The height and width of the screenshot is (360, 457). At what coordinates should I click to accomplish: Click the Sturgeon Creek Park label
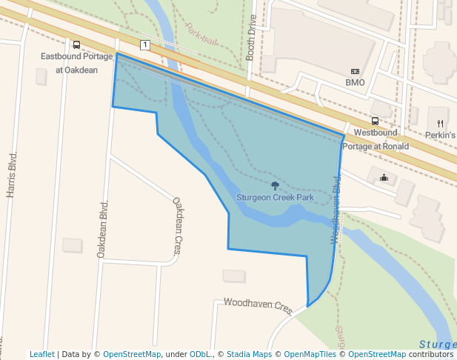pyautogui.click(x=276, y=198)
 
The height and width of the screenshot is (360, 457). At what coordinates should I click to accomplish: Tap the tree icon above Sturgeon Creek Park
pyautogui.click(x=276, y=186)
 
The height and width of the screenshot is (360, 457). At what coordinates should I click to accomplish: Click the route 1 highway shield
pyautogui.click(x=144, y=45)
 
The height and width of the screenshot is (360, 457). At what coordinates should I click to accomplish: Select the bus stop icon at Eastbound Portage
pyautogui.click(x=77, y=45)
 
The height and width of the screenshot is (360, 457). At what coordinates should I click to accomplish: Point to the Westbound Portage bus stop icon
pyautogui.click(x=375, y=121)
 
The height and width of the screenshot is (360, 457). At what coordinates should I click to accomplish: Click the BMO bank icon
pyautogui.click(x=355, y=71)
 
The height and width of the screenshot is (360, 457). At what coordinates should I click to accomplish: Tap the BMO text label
pyautogui.click(x=355, y=82)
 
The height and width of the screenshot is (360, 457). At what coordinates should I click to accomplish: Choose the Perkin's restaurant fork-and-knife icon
pyautogui.click(x=440, y=123)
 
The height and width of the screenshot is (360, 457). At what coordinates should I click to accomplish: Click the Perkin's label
pyautogui.click(x=440, y=136)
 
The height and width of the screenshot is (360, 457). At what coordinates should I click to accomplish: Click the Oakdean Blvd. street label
pyautogui.click(x=103, y=229)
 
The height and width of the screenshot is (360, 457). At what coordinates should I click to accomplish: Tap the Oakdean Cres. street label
pyautogui.click(x=177, y=225)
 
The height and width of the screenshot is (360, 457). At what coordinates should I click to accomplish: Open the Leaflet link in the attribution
pyautogui.click(x=41, y=354)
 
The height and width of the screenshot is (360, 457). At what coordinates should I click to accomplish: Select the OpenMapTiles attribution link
pyautogui.click(x=310, y=354)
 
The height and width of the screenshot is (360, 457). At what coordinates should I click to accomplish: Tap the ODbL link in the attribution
pyautogui.click(x=200, y=354)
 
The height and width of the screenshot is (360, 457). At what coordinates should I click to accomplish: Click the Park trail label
pyautogui.click(x=201, y=33)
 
